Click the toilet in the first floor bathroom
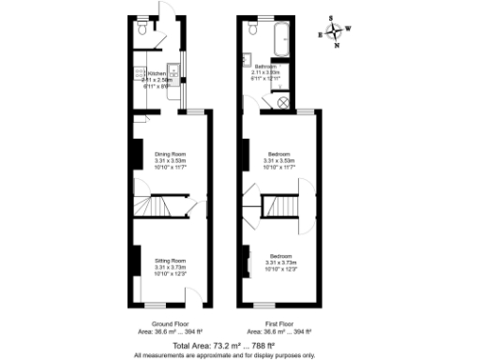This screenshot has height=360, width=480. click(x=251, y=30)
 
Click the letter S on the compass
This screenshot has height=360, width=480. click(x=331, y=17)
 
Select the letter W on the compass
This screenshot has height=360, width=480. click(x=350, y=27)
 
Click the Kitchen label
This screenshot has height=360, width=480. click(x=157, y=73)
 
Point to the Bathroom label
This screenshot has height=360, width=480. click(x=266, y=67)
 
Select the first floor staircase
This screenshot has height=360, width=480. click(x=280, y=204)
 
